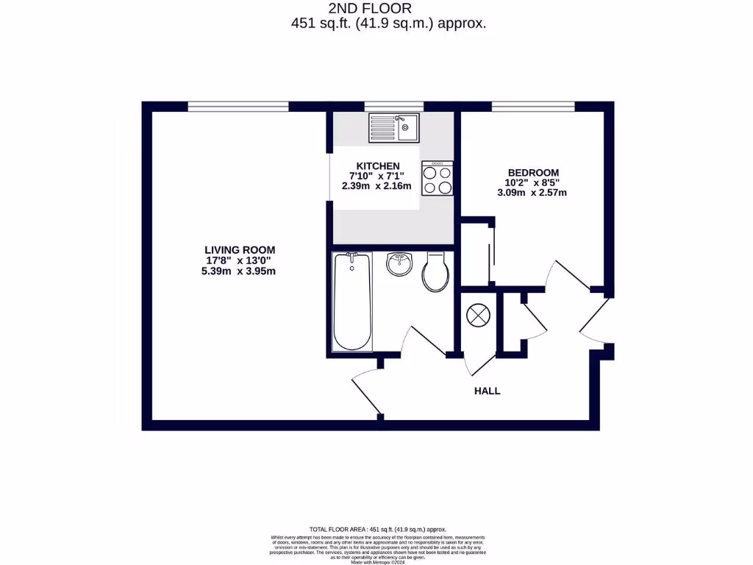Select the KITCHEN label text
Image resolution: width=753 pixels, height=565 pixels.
click(x=378, y=166)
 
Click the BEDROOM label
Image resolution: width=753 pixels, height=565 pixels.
click(x=532, y=173)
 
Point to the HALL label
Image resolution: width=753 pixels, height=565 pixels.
click(x=487, y=391)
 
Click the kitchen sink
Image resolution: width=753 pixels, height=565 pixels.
click(x=394, y=127)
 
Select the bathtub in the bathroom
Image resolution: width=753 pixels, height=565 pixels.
click(x=352, y=302)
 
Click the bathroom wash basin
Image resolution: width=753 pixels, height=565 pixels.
click(x=400, y=265)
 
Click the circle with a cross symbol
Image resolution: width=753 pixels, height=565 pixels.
click(x=478, y=315)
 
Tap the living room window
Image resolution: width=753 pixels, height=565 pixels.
click(x=238, y=107)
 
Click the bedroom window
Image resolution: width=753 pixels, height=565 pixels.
click(x=533, y=107)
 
